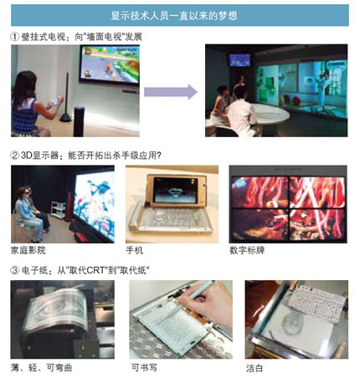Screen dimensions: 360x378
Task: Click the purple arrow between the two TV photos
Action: [x=171, y=92]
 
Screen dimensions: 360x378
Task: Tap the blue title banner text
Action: [x=174, y=15]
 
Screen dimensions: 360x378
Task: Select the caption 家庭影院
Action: [x=28, y=250]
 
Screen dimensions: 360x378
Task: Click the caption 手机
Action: [x=135, y=250]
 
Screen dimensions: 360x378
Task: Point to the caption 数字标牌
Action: [x=247, y=250]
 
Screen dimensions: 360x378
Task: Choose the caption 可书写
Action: [x=144, y=368]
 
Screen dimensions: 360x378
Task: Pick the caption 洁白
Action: [x=255, y=368]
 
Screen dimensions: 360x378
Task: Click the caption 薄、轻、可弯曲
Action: [x=42, y=368]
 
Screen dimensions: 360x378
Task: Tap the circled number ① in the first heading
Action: [x=15, y=37]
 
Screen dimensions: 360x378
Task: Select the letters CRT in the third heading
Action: [x=95, y=270]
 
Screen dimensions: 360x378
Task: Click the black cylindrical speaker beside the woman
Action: [x=79, y=121]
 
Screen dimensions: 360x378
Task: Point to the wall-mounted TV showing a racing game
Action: [x=110, y=65]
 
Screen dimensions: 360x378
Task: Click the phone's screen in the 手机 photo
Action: [x=175, y=191]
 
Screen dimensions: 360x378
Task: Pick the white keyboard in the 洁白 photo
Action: [x=316, y=303]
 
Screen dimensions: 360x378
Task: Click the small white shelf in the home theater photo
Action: [x=59, y=210]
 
